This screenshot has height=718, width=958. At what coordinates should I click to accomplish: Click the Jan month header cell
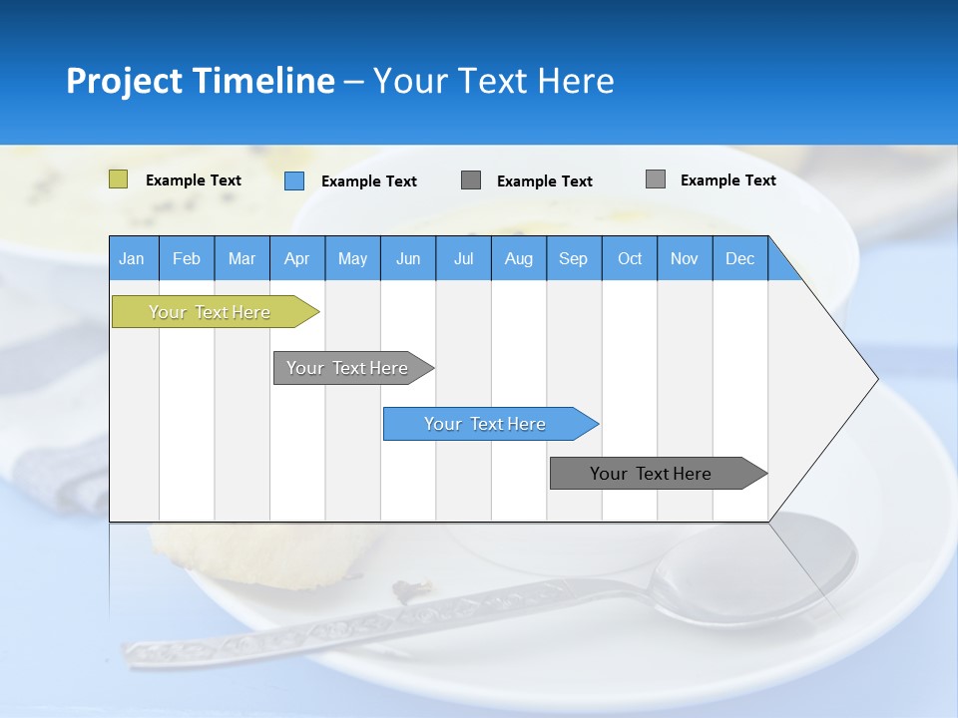click(132, 258)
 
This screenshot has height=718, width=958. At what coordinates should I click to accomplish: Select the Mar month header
click(241, 258)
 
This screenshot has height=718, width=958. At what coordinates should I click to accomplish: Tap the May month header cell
click(352, 258)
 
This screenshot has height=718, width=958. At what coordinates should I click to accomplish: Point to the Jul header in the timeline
click(463, 258)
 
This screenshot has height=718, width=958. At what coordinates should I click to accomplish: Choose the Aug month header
click(518, 258)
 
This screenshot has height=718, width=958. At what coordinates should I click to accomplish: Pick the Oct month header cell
click(630, 258)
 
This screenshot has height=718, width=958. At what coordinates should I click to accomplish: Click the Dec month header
click(739, 258)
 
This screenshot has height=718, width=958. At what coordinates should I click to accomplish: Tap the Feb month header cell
click(187, 258)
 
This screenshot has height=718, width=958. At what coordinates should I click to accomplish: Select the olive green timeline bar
click(211, 312)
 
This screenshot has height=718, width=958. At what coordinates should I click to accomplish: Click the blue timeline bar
click(486, 424)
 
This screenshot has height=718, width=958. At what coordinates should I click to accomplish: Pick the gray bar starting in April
click(348, 368)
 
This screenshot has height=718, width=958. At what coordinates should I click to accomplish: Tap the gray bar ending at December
click(652, 474)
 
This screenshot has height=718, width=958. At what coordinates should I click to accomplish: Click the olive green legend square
click(118, 179)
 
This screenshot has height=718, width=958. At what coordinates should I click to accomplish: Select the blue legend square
click(293, 180)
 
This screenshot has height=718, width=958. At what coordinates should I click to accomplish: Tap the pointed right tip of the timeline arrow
click(874, 379)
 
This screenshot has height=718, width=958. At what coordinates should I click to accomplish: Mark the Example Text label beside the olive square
click(194, 180)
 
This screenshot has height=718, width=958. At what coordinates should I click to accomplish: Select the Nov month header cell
click(685, 258)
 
